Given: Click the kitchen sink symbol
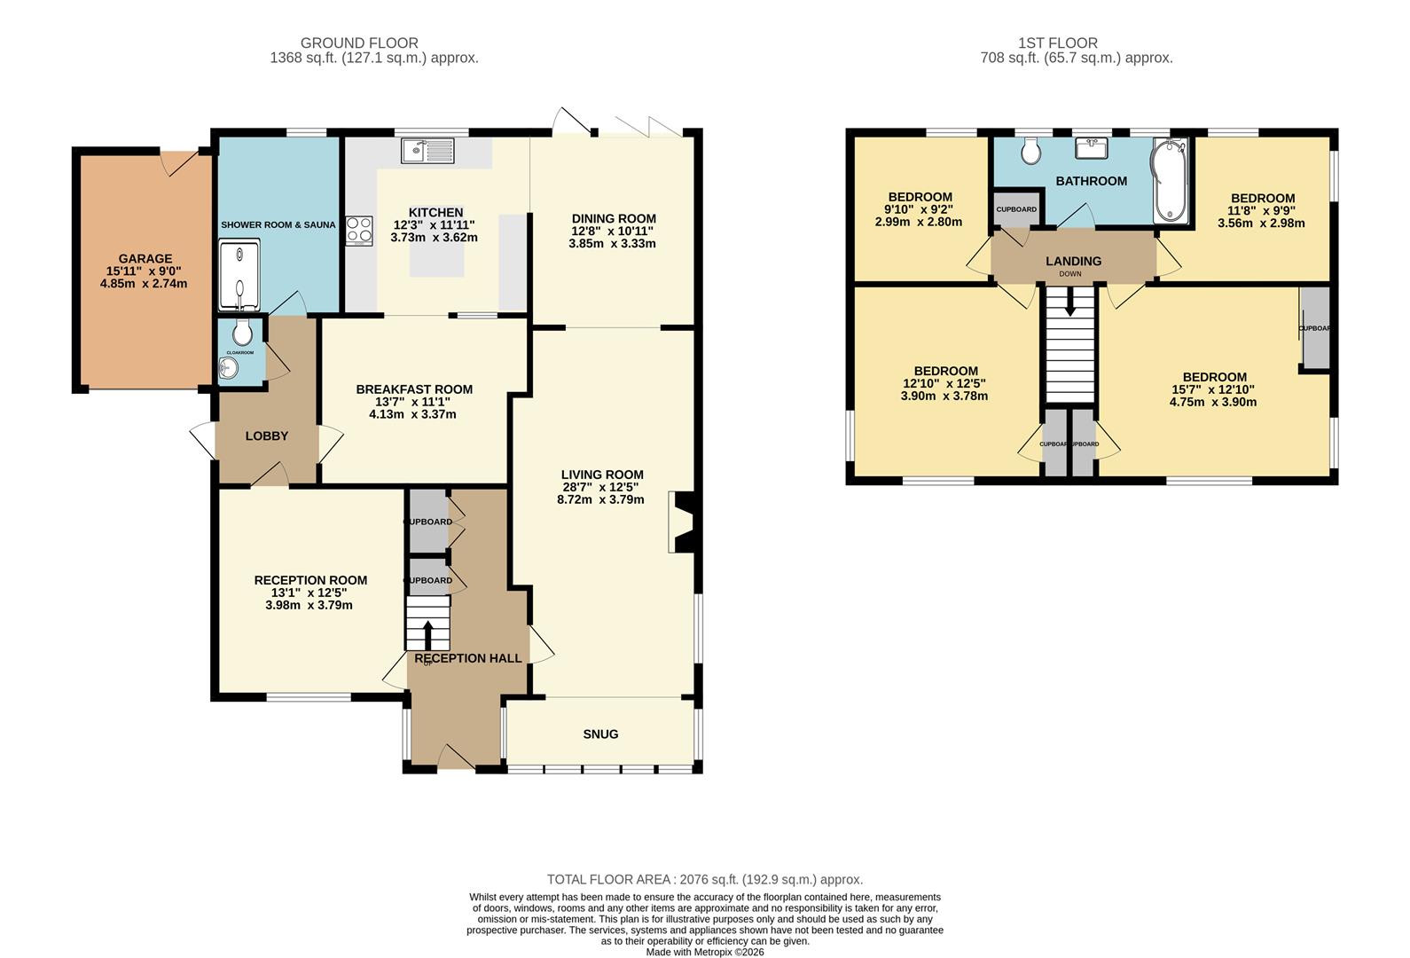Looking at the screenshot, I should pos(427,151).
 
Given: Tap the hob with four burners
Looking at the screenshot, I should pos(359,231).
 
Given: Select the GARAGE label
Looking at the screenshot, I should pos(145,259).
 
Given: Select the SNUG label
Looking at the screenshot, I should pos(600,734).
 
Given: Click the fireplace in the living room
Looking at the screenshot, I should pos(683,522).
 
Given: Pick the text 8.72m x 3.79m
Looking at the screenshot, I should pos(600,499).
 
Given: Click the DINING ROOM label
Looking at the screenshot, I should pos(614,218).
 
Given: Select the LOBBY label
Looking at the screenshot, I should pos(267,436).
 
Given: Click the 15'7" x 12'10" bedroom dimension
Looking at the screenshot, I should pos(1213,389).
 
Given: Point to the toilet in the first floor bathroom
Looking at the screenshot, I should pos(1030,152).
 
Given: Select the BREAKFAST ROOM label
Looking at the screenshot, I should pos(414,389).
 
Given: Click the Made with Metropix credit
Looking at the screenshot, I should pos(704,952).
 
